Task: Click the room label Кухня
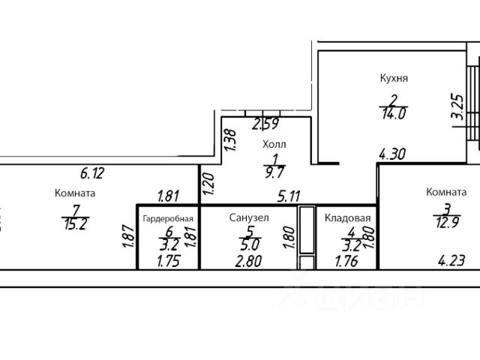[393, 77]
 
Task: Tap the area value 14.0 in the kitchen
[393, 114]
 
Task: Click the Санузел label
[248, 217]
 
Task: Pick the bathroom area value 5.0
[247, 245]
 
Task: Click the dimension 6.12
[91, 173]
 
